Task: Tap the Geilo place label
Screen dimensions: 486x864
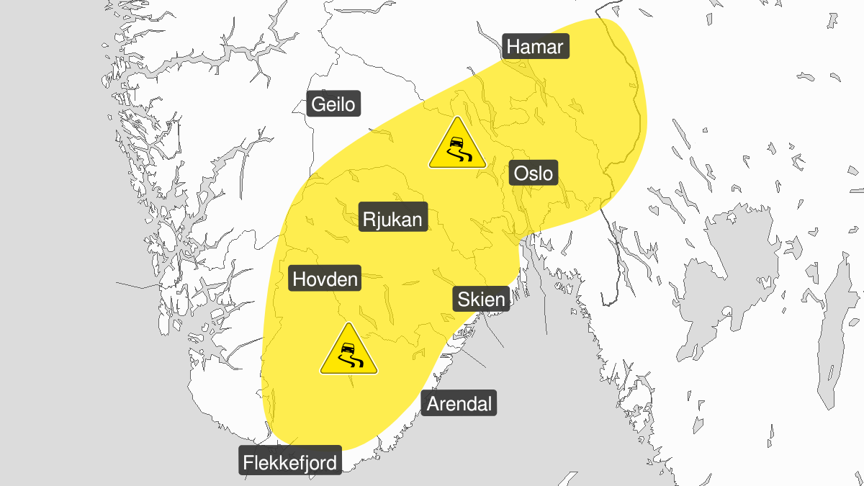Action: pos(333,104)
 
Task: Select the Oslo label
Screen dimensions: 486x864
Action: pos(534,174)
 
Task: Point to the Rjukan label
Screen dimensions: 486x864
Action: pos(394,218)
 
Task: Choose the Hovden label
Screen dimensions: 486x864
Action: pos(325,278)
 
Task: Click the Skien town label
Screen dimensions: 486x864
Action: pos(480,298)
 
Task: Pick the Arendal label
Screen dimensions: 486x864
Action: pos(459,404)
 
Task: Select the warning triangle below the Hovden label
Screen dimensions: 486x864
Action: pos(348,351)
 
